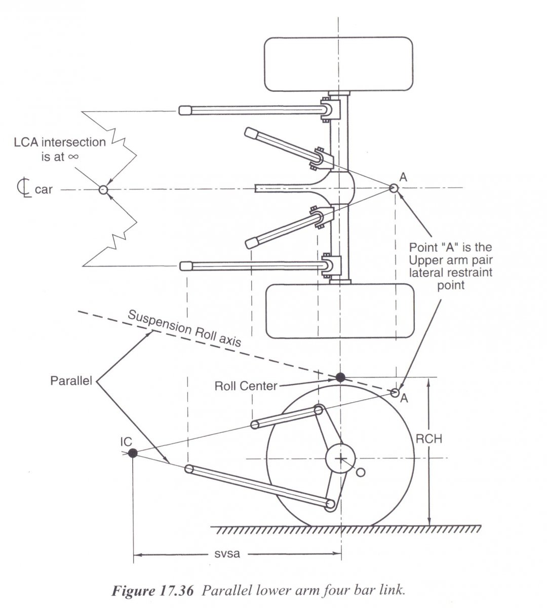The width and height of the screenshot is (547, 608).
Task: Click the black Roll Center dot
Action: tap(340, 377)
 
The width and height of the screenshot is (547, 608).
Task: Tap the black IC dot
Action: tap(132, 452)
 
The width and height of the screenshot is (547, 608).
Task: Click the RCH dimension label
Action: tap(428, 439)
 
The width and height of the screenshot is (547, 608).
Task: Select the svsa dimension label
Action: tap(224, 554)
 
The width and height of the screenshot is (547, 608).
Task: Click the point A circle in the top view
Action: tap(394, 188)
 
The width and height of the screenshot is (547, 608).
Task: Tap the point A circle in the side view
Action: tap(396, 392)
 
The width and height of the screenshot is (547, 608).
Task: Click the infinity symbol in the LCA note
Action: tap(72, 157)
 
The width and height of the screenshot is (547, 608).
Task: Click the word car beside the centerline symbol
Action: tap(44, 191)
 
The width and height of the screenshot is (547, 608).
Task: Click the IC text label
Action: tap(126, 440)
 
